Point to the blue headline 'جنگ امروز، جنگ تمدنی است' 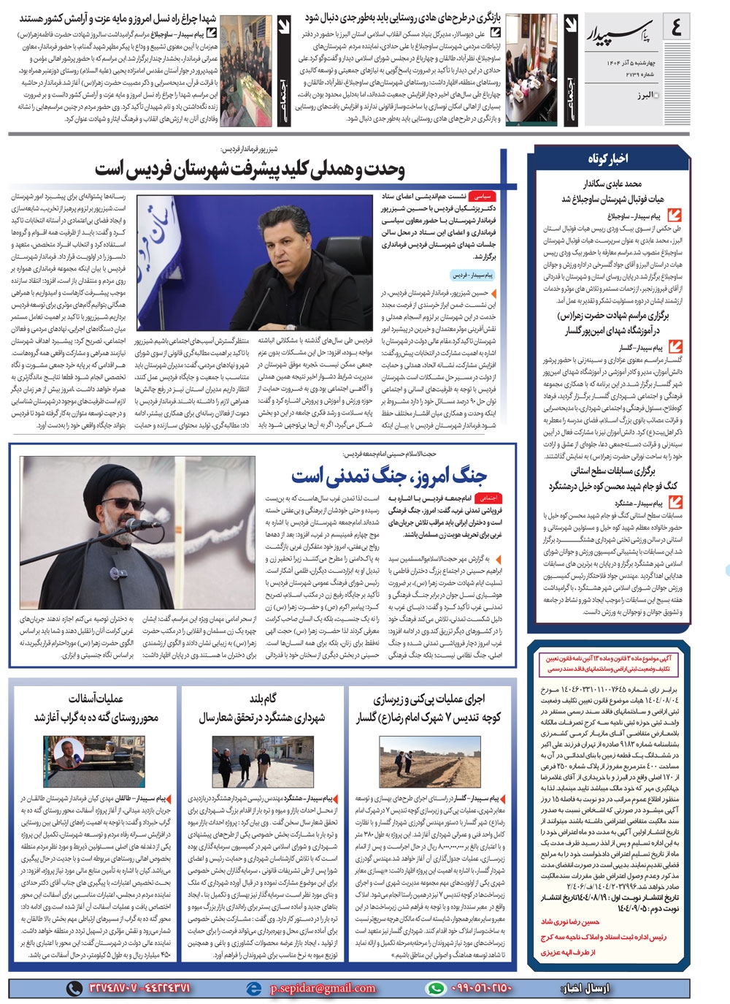tap(389, 476)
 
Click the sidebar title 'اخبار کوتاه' tap(608, 159)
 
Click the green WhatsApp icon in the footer tap(436, 988)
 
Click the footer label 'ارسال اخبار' tap(584, 988)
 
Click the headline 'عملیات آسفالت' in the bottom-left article tap(96, 699)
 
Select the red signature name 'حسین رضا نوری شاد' tap(569, 923)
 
